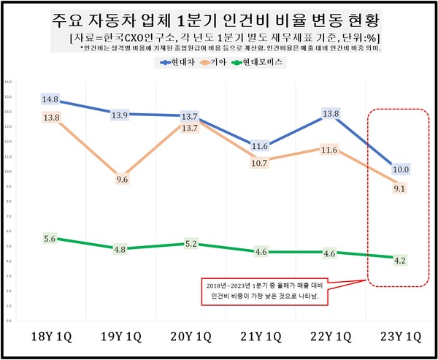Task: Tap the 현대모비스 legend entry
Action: point(264,63)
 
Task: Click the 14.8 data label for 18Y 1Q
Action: point(50,100)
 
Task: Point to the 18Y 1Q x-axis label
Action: point(50,338)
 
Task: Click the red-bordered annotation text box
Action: point(266,290)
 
